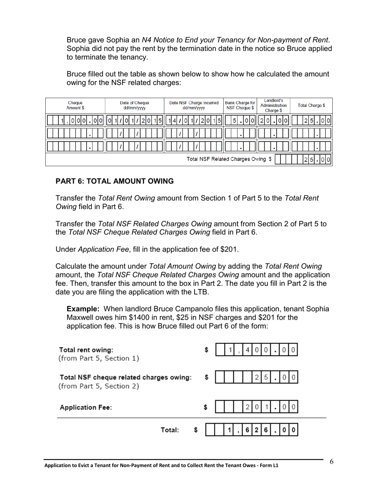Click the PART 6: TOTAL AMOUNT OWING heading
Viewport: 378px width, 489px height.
[x=115, y=181]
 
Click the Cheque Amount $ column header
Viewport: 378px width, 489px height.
[x=75, y=105]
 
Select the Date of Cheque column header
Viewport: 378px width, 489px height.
[x=134, y=105]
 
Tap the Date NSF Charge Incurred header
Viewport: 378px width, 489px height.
[x=194, y=105]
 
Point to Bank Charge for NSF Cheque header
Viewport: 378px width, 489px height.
[x=240, y=105]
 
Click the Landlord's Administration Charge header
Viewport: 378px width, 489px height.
[x=273, y=105]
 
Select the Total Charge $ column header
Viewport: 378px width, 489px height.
[x=311, y=105]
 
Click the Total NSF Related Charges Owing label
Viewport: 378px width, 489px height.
[x=229, y=159]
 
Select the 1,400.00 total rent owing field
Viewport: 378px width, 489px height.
[x=257, y=350]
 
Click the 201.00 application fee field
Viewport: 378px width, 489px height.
[x=257, y=407]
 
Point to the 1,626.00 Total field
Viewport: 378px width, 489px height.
[x=251, y=430]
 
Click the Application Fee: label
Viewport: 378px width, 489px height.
[x=86, y=407]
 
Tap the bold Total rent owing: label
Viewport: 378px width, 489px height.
[x=86, y=350]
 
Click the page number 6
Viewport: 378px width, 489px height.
[x=331, y=461]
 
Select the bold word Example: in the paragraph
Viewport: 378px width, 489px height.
[x=82, y=309]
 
